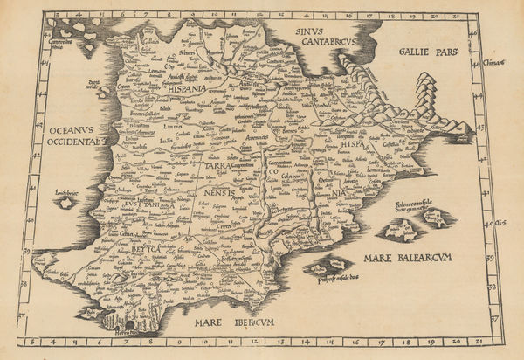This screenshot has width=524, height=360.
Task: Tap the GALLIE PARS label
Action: [x=427, y=52]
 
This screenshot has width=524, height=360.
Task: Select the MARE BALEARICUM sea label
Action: [x=407, y=260]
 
